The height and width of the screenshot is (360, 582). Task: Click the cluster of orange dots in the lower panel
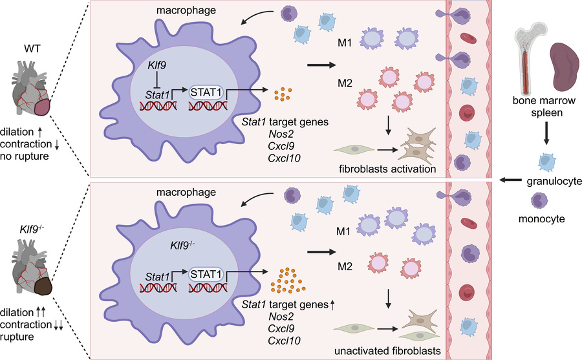click(289, 280)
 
